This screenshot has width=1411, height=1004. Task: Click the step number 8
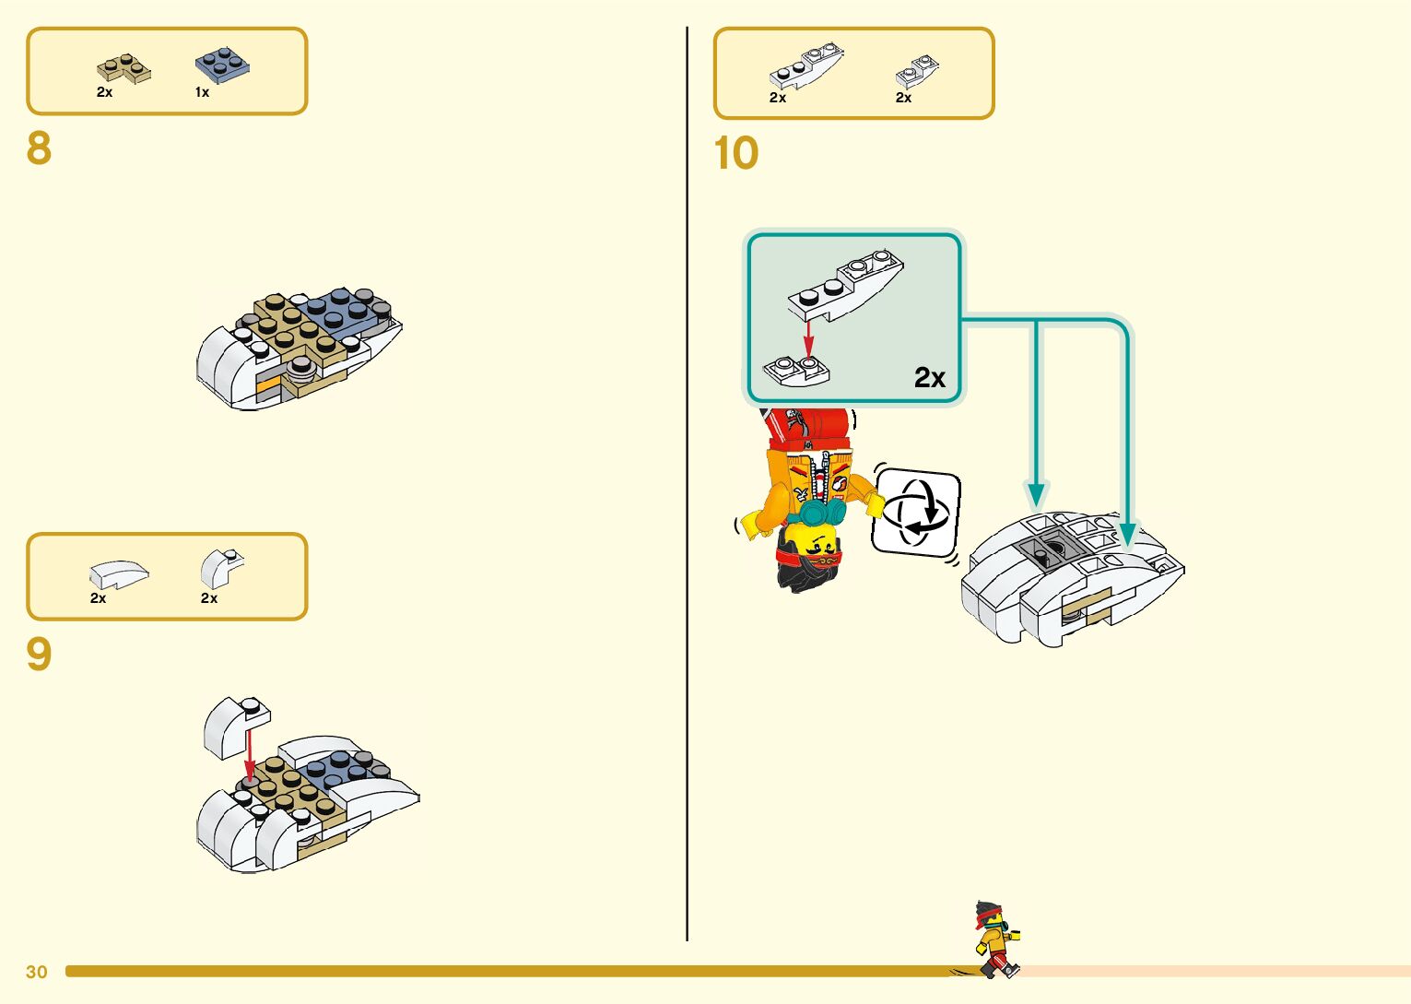click(x=39, y=148)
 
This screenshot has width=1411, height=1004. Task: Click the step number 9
click(x=39, y=654)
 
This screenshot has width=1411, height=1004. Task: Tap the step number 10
click(x=735, y=153)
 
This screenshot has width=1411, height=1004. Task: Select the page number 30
click(x=37, y=972)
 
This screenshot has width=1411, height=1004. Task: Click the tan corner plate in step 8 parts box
click(x=123, y=68)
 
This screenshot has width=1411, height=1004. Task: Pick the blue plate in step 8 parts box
click(x=221, y=65)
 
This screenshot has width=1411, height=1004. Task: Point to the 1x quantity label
click(x=202, y=92)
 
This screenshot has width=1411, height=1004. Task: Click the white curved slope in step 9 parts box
click(x=119, y=574)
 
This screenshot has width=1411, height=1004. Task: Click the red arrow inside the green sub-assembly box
click(x=808, y=338)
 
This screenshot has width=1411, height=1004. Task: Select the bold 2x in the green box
click(x=930, y=377)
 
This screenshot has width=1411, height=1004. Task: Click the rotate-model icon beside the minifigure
click(x=916, y=513)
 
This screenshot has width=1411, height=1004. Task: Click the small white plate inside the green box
click(x=796, y=370)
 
